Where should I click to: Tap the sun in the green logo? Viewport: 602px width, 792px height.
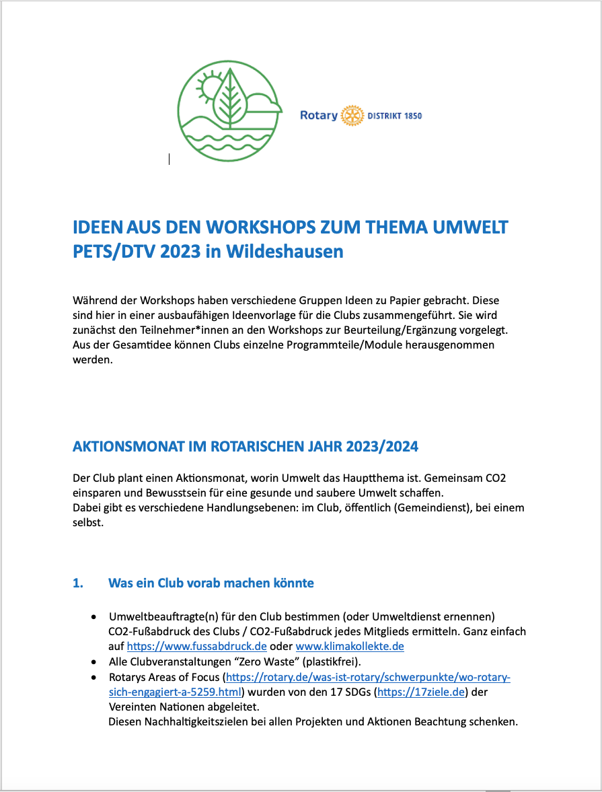pyautogui.click(x=210, y=86)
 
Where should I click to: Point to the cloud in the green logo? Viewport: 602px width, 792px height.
pyautogui.click(x=261, y=103)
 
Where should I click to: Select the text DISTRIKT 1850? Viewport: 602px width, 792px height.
pyautogui.click(x=395, y=116)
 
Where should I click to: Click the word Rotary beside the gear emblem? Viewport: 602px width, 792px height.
pyautogui.click(x=319, y=116)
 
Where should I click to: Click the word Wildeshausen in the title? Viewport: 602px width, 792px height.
pyautogui.click(x=285, y=252)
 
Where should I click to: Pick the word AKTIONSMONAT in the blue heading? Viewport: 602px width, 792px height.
pyautogui.click(x=128, y=447)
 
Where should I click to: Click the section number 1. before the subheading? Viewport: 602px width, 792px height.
pyautogui.click(x=78, y=583)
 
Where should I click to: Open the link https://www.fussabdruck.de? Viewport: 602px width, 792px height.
pyautogui.click(x=197, y=647)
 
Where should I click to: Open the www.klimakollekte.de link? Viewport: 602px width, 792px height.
pyautogui.click(x=350, y=647)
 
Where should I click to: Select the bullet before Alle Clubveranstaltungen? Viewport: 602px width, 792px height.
pyautogui.click(x=93, y=662)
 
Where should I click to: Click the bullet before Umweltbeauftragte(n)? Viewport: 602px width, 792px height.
pyautogui.click(x=93, y=617)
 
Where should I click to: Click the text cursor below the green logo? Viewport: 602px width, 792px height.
pyautogui.click(x=169, y=159)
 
